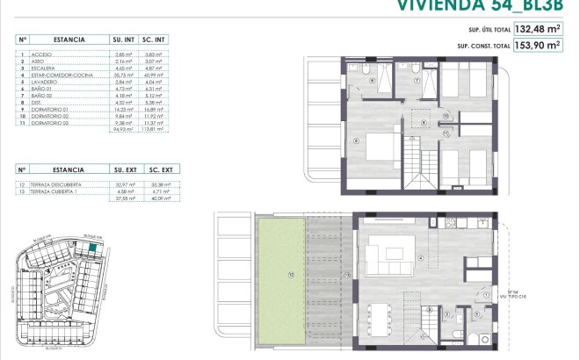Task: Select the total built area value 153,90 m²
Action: pos(538,46)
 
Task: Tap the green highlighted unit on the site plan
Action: pos(91,249)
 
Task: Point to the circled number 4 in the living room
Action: pos(421,257)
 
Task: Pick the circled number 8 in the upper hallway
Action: pos(424,122)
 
